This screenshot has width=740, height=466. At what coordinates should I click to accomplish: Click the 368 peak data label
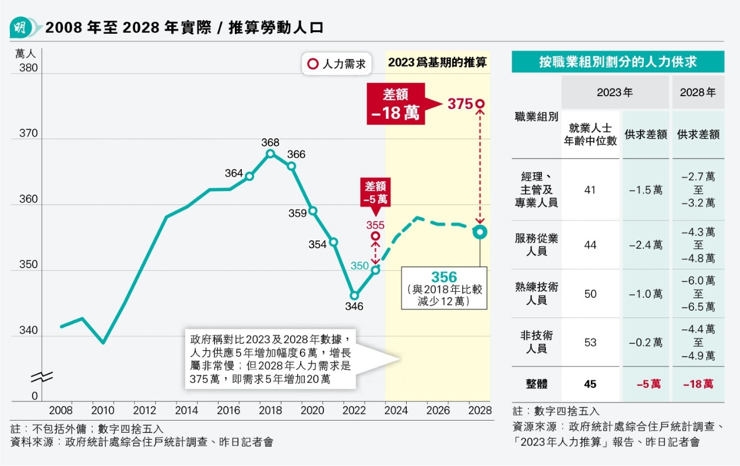pos(270,142)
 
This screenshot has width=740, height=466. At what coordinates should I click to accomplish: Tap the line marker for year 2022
pos(354,295)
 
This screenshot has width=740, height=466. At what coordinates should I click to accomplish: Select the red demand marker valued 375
pos(480,104)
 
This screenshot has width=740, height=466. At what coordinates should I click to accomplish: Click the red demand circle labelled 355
pos(376,236)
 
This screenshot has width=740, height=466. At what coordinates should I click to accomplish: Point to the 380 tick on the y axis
pos(28,68)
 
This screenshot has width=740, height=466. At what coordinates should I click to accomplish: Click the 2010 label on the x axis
pos(103,410)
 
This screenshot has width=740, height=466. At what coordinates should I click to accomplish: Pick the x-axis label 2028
pos(480,410)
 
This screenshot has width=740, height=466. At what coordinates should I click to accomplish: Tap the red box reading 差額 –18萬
pos(396,104)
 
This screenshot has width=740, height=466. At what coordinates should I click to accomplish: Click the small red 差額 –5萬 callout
pos(376,192)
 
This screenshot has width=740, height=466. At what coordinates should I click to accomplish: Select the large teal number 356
pos(444,277)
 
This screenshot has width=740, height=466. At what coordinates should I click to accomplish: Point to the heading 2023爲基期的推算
pos(438,62)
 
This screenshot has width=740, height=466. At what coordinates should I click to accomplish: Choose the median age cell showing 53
pos(590,342)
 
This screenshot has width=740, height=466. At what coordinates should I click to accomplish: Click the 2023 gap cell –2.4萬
pos(646,245)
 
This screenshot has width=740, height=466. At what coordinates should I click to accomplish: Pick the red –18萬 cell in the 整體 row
pos(698,384)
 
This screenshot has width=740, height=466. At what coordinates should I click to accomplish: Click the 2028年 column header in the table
pos(698,93)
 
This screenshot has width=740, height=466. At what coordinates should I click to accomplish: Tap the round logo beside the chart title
pos(21,27)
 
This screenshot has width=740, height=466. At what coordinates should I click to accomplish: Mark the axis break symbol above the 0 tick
pos(45,376)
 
